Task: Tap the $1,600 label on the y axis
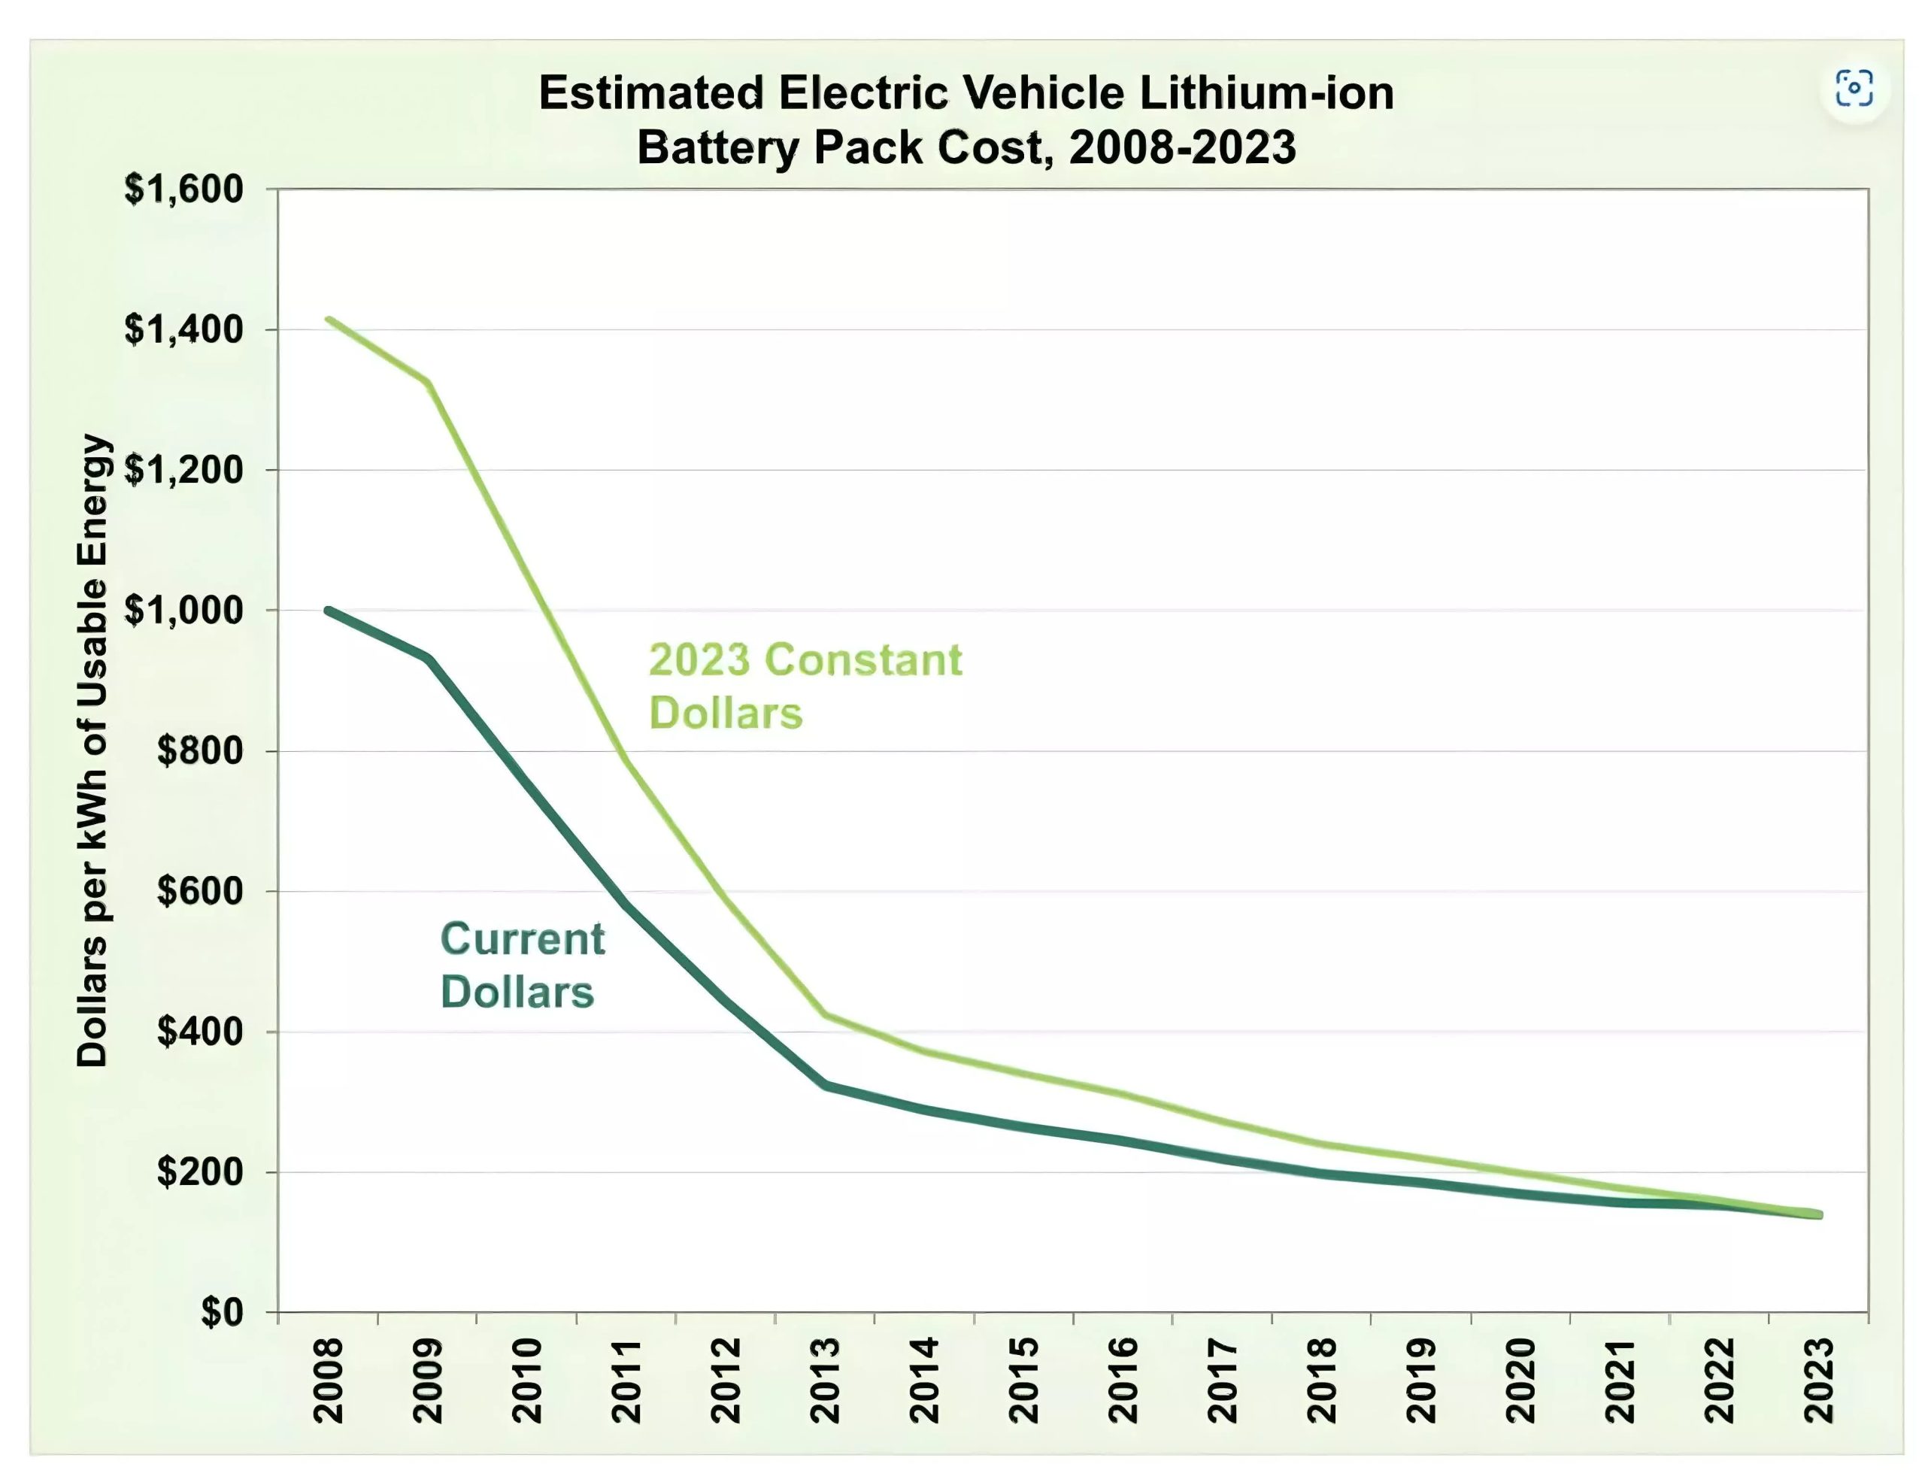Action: (183, 189)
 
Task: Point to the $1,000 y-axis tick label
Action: (183, 610)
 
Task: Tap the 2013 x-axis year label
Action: (825, 1380)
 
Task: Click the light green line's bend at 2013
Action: (825, 1015)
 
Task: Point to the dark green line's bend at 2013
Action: (825, 1085)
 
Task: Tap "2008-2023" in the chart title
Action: (1182, 147)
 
